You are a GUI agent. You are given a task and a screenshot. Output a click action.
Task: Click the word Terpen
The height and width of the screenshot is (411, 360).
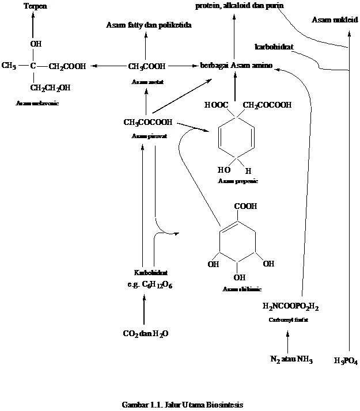33,6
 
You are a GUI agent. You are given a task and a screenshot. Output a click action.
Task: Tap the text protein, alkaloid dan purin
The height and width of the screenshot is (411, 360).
239,5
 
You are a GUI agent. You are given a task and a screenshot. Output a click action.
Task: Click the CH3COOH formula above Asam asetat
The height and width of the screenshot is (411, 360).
147,66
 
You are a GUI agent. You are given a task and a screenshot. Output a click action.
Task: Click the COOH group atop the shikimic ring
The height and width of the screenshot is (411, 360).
245,206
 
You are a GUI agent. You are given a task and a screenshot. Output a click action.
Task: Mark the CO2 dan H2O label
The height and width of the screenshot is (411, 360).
146,333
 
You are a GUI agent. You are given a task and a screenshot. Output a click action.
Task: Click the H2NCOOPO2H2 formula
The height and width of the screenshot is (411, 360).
290,306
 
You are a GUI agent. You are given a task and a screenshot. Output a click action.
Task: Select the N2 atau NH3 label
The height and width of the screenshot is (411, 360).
291,360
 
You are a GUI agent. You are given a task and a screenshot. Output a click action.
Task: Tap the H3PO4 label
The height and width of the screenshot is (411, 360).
346,361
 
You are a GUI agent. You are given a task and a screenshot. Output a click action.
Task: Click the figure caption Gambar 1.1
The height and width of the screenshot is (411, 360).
183,405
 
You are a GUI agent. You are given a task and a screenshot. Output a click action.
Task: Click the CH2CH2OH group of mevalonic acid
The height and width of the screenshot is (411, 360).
51,88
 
